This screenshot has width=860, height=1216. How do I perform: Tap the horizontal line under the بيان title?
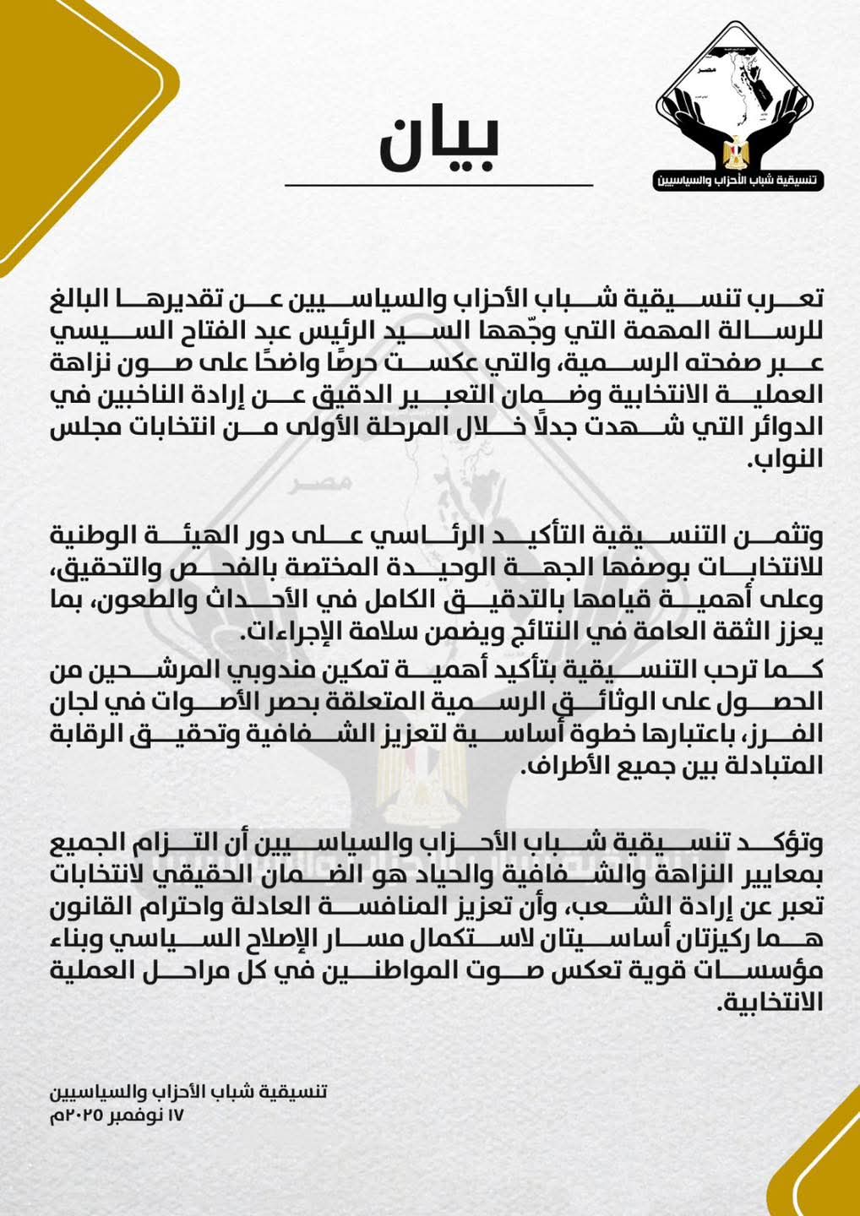pyautogui.click(x=439, y=185)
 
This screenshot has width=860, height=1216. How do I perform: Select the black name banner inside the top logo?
pyautogui.click(x=740, y=182)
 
